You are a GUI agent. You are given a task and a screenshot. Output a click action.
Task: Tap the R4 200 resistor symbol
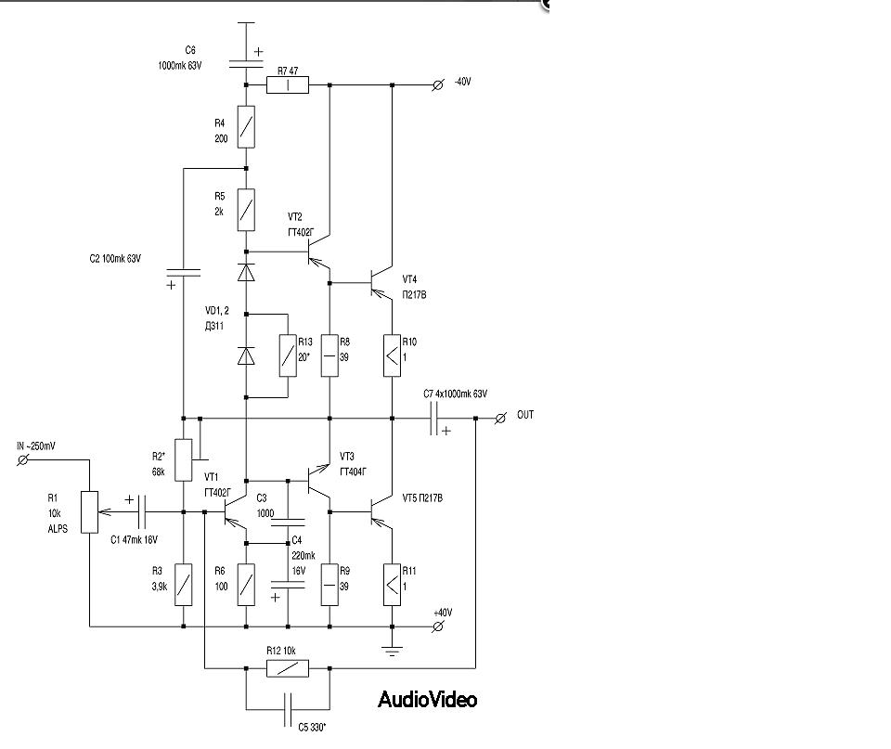point(246,127)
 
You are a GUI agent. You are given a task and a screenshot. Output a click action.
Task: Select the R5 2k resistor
point(246,211)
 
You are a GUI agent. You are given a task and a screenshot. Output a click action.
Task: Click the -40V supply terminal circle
point(439,85)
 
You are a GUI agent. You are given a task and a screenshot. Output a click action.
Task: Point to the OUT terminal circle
point(500,418)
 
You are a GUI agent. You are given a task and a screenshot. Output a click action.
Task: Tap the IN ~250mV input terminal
point(25,458)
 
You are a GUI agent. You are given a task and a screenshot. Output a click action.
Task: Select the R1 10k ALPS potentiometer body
point(88,511)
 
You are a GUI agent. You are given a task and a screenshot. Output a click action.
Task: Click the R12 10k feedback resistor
point(288,668)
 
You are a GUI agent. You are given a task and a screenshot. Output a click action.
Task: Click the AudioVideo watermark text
point(427,699)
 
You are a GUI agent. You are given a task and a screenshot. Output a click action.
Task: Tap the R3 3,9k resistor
point(184,585)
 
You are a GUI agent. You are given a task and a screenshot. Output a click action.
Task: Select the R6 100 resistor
point(246,585)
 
